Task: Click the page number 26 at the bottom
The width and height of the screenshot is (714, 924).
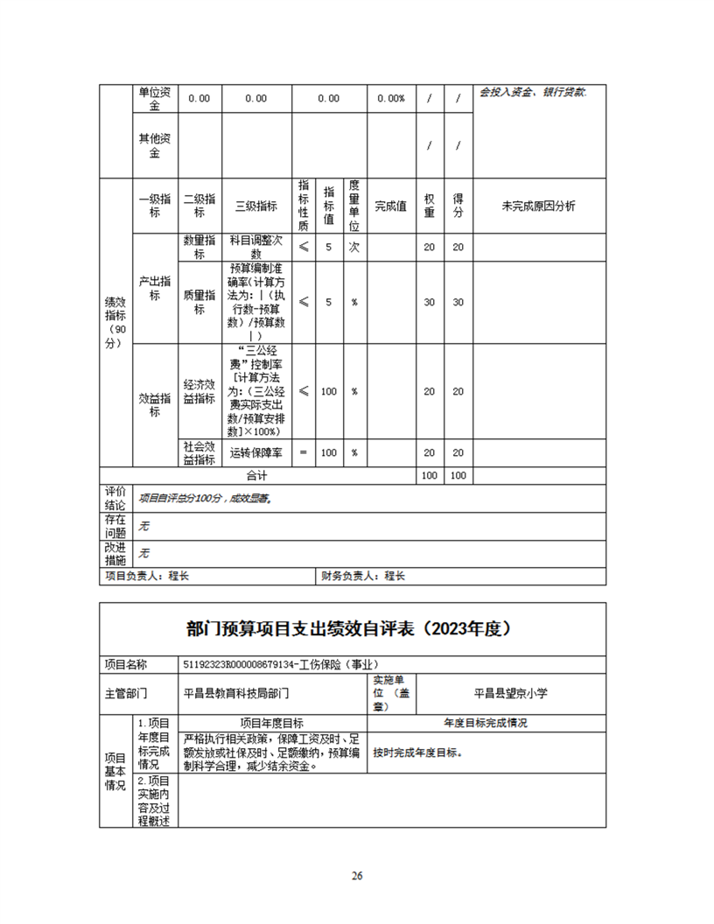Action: pyautogui.click(x=357, y=876)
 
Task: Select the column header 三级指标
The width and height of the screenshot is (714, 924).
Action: pyautogui.click(x=255, y=206)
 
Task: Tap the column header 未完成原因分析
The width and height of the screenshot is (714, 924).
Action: pyautogui.click(x=538, y=206)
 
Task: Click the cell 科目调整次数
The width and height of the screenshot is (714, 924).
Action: pyautogui.click(x=255, y=247)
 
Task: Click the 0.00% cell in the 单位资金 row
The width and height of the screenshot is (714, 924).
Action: pyautogui.click(x=390, y=99)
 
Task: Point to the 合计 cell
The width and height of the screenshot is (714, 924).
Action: pyautogui.click(x=255, y=476)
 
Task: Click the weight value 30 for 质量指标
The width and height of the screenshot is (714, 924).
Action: pyautogui.click(x=429, y=302)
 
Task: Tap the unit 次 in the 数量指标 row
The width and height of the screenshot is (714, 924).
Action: pyautogui.click(x=354, y=247)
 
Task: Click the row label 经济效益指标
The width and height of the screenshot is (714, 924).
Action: pyautogui.click(x=199, y=391)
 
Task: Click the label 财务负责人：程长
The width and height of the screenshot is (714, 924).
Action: pyautogui.click(x=363, y=577)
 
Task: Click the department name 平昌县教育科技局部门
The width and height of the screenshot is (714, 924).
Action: pyautogui.click(x=236, y=693)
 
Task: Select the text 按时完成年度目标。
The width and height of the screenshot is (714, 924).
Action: pyautogui.click(x=417, y=752)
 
